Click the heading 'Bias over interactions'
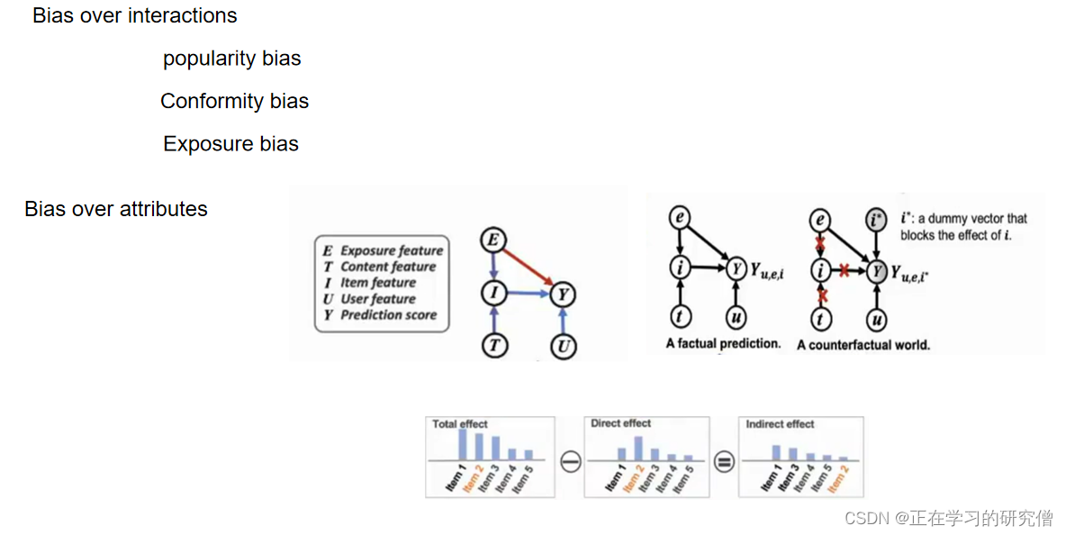point(135,16)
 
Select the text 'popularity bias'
point(231,59)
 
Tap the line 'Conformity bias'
point(234,101)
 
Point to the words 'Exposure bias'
point(230,144)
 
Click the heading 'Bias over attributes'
point(116,209)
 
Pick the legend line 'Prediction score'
point(388,315)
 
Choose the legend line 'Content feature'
point(388,267)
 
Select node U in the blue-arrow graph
point(563,346)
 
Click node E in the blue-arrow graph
point(492,240)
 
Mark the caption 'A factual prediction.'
point(723,344)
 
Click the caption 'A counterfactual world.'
point(863,345)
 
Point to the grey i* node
point(874,219)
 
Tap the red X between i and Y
point(845,269)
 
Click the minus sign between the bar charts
point(570,462)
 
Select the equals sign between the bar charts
point(724,462)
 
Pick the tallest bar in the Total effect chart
point(462,444)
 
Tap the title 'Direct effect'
point(620,423)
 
